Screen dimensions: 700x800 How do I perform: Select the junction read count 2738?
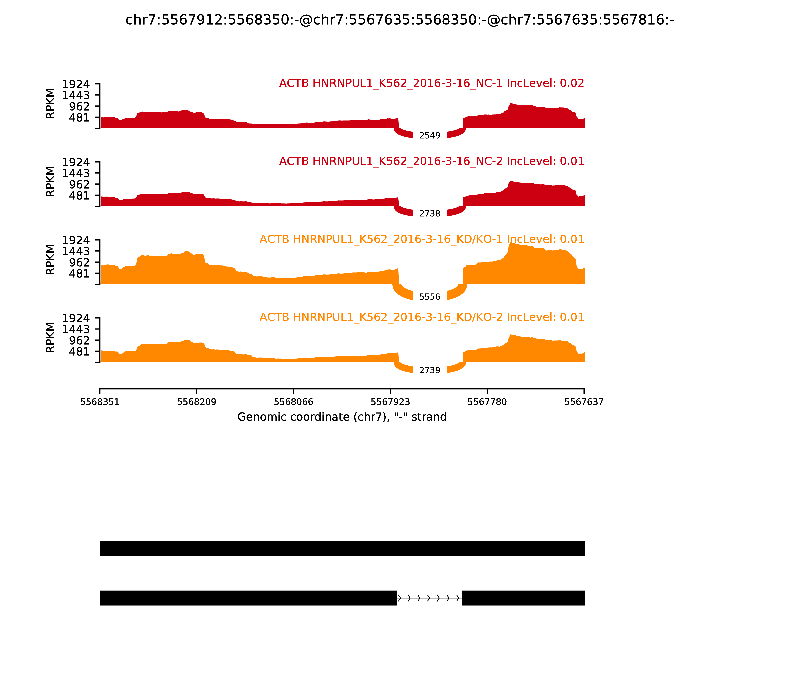pos(430,214)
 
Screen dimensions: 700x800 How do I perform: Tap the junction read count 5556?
pos(430,297)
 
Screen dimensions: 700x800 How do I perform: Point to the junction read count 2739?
pos(430,370)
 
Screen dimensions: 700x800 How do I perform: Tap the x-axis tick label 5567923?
pos(390,402)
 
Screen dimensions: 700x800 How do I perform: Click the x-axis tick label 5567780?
pos(487,402)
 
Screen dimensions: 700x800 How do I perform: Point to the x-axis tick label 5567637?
pos(584,402)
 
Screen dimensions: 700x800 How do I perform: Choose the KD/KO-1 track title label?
pos(422,239)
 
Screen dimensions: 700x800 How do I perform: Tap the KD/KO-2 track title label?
pos(422,317)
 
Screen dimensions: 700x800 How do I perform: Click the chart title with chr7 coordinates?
pos(399,20)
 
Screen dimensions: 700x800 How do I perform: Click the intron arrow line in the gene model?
pos(430,598)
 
